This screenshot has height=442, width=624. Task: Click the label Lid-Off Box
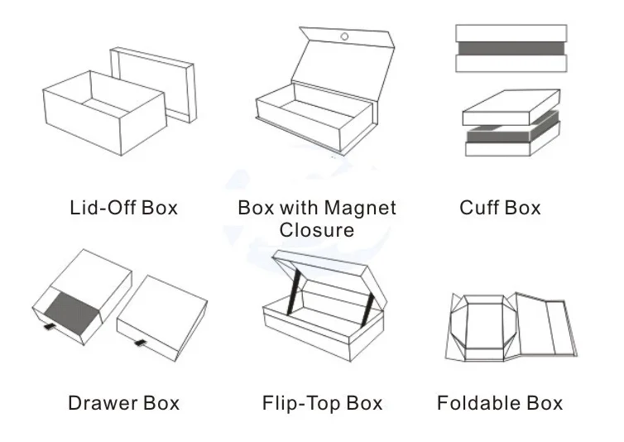pos(123,207)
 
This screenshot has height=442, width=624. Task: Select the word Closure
pos(317,228)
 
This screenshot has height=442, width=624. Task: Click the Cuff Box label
pos(500,207)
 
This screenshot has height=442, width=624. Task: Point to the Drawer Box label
pos(123,403)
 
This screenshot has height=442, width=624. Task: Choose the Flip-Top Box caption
pos(322,403)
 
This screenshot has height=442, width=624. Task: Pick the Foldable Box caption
pos(500,403)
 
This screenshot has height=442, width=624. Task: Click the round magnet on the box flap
pos(343,36)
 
